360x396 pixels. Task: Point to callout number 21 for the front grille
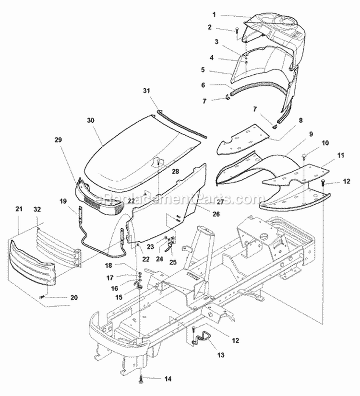pyautogui.click(x=19, y=209)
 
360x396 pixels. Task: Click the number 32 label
pyautogui.click(x=37, y=209)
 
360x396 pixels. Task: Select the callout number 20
pyautogui.click(x=73, y=298)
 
